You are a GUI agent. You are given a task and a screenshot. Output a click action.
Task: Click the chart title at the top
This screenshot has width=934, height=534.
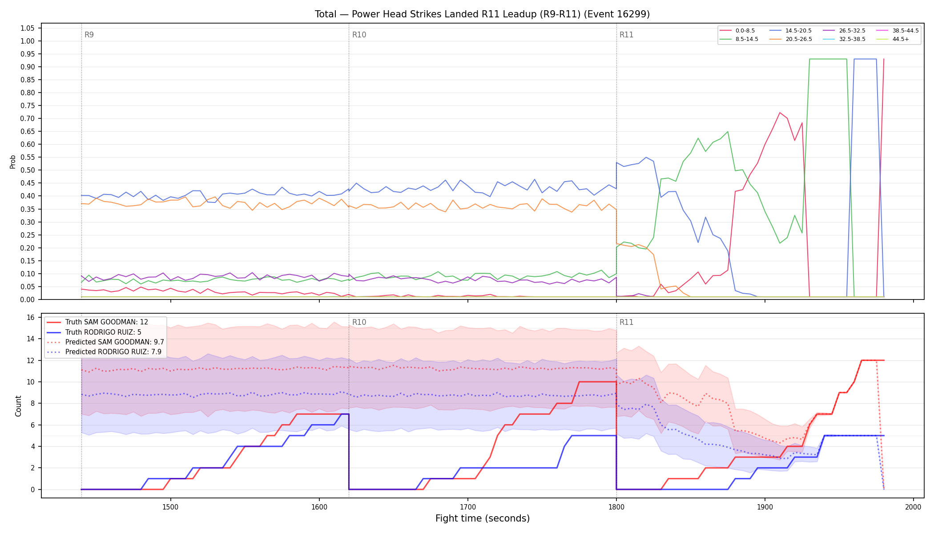[482, 14]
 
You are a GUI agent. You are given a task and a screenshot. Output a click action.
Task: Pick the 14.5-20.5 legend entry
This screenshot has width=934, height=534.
[791, 31]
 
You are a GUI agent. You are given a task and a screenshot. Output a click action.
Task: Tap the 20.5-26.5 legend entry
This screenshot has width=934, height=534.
[791, 39]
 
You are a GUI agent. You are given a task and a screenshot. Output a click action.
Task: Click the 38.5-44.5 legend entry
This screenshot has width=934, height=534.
[898, 31]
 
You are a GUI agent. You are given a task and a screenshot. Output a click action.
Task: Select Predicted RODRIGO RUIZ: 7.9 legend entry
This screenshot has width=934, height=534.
[105, 352]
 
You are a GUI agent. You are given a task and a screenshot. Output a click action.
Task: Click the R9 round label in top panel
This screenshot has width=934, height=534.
[89, 35]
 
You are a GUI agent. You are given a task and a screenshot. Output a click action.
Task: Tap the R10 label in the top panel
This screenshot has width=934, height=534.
[359, 35]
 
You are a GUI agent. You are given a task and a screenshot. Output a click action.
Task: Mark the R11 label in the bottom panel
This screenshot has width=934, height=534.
[626, 322]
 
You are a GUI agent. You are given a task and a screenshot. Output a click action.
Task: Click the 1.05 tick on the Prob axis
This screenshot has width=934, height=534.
[28, 28]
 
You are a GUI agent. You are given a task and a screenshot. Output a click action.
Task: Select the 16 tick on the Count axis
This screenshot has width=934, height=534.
[31, 317]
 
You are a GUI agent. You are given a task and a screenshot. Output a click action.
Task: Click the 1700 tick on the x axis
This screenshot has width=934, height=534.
[467, 507]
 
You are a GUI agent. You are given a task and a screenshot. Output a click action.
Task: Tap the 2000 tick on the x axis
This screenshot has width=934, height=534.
[913, 507]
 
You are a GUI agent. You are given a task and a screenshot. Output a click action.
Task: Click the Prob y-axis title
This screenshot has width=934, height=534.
[12, 162]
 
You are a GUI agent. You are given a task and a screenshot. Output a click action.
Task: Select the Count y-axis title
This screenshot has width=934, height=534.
[18, 406]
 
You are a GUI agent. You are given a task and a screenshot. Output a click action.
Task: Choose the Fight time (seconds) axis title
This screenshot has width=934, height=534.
[483, 518]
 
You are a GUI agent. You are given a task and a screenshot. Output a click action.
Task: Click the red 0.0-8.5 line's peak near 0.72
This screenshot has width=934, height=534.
[780, 113]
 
